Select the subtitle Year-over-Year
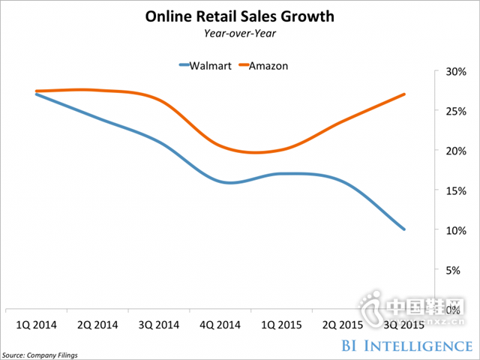coord(239,32)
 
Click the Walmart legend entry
coord(203,65)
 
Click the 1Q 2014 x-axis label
coord(38,325)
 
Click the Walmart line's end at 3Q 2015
coord(405,229)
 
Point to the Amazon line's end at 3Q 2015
coord(405,94)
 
